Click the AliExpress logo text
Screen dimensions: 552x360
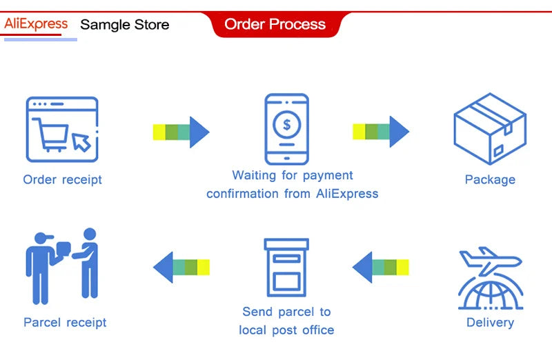coord(36,24)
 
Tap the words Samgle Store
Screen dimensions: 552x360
coord(125,25)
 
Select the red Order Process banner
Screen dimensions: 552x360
coord(275,24)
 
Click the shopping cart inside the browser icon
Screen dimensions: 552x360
coord(50,134)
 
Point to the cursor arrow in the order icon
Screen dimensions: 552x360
coord(81,142)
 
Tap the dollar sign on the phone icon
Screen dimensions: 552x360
coord(287,124)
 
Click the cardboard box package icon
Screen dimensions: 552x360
coord(490,129)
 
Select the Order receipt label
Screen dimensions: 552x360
coord(62,179)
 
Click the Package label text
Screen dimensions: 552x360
coord(490,179)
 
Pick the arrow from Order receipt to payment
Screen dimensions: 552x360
coord(181,132)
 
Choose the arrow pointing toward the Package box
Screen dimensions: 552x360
coord(381,132)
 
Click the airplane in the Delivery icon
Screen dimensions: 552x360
coord(491,261)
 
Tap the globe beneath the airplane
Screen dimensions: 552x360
coord(491,293)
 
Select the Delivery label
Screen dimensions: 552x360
coord(490,322)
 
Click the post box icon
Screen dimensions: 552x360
coord(286,268)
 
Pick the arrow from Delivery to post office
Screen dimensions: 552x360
coord(381,267)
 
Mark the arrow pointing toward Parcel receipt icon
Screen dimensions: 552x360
coord(181,267)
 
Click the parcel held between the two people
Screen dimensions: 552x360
coord(63,248)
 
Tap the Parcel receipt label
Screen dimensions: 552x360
coord(65,322)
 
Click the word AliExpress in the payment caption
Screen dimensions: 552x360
coord(347,194)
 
